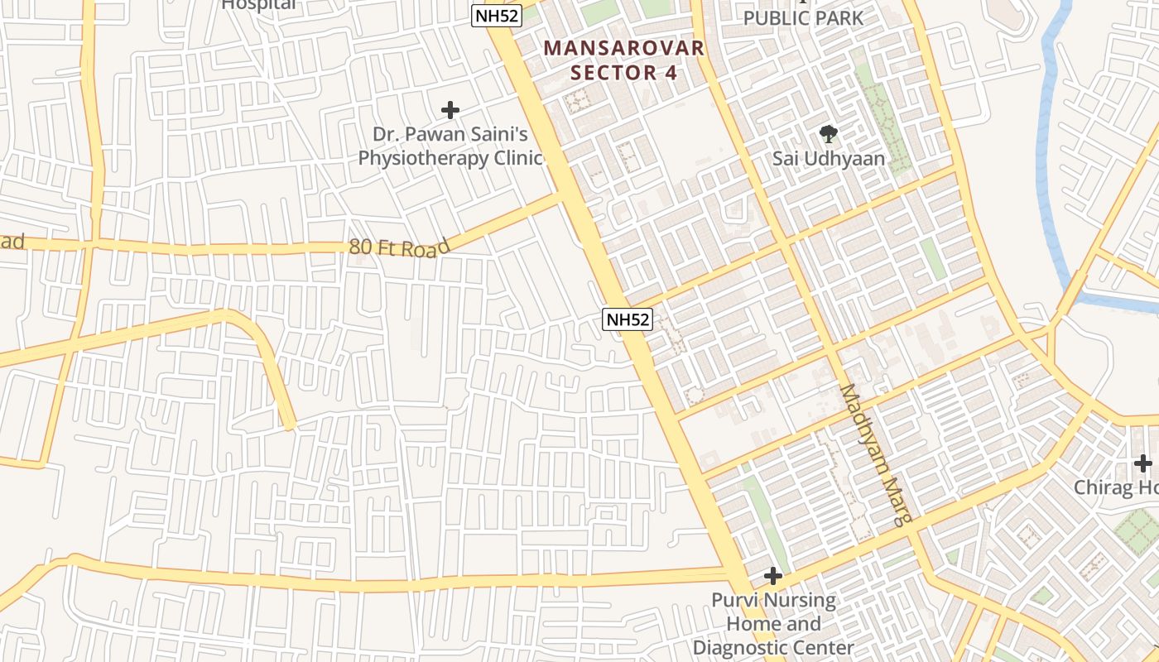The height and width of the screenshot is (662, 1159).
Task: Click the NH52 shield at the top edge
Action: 497,16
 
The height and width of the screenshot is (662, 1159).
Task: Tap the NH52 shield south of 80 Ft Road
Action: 628,319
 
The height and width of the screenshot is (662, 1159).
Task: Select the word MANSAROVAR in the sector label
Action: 625,48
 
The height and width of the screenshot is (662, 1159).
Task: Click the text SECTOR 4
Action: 625,73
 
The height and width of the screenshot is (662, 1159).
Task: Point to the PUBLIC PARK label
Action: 802,17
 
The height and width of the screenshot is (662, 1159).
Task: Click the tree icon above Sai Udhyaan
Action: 828,134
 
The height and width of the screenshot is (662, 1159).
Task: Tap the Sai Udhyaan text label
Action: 828,158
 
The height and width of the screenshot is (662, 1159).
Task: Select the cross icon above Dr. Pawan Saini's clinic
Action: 450,110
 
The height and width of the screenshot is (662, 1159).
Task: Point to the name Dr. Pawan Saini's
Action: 450,134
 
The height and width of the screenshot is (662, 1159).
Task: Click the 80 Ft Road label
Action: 399,247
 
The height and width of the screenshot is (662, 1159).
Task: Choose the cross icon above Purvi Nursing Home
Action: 773,576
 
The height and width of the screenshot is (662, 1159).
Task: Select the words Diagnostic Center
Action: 773,648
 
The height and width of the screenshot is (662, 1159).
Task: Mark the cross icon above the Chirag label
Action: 1143,463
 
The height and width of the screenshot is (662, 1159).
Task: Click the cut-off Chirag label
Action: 1116,487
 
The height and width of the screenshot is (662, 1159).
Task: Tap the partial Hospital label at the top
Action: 258,5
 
